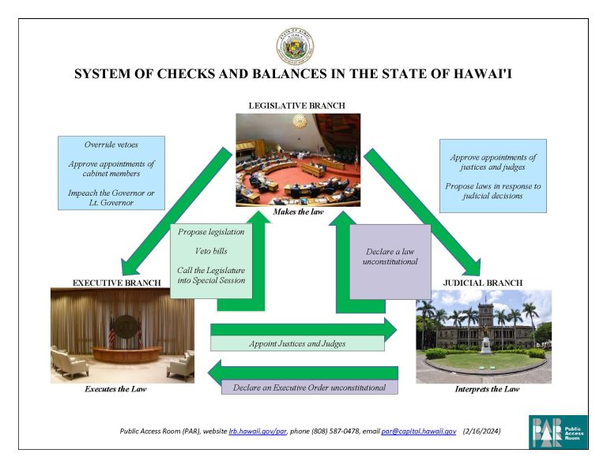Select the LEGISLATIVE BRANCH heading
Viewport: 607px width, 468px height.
pos(296,105)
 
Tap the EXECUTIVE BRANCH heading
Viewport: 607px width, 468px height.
pos(117,282)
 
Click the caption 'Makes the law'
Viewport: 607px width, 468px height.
pos(297,212)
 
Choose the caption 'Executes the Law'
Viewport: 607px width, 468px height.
pos(115,389)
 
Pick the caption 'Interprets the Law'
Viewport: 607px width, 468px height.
pos(483,389)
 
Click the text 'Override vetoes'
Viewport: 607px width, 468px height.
pos(111,145)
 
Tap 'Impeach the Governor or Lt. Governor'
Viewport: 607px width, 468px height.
pos(111,197)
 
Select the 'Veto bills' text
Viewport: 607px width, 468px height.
pos(210,251)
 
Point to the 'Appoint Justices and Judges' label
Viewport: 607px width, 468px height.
pos(297,343)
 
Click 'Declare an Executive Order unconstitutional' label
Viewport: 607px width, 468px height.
pos(309,388)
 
